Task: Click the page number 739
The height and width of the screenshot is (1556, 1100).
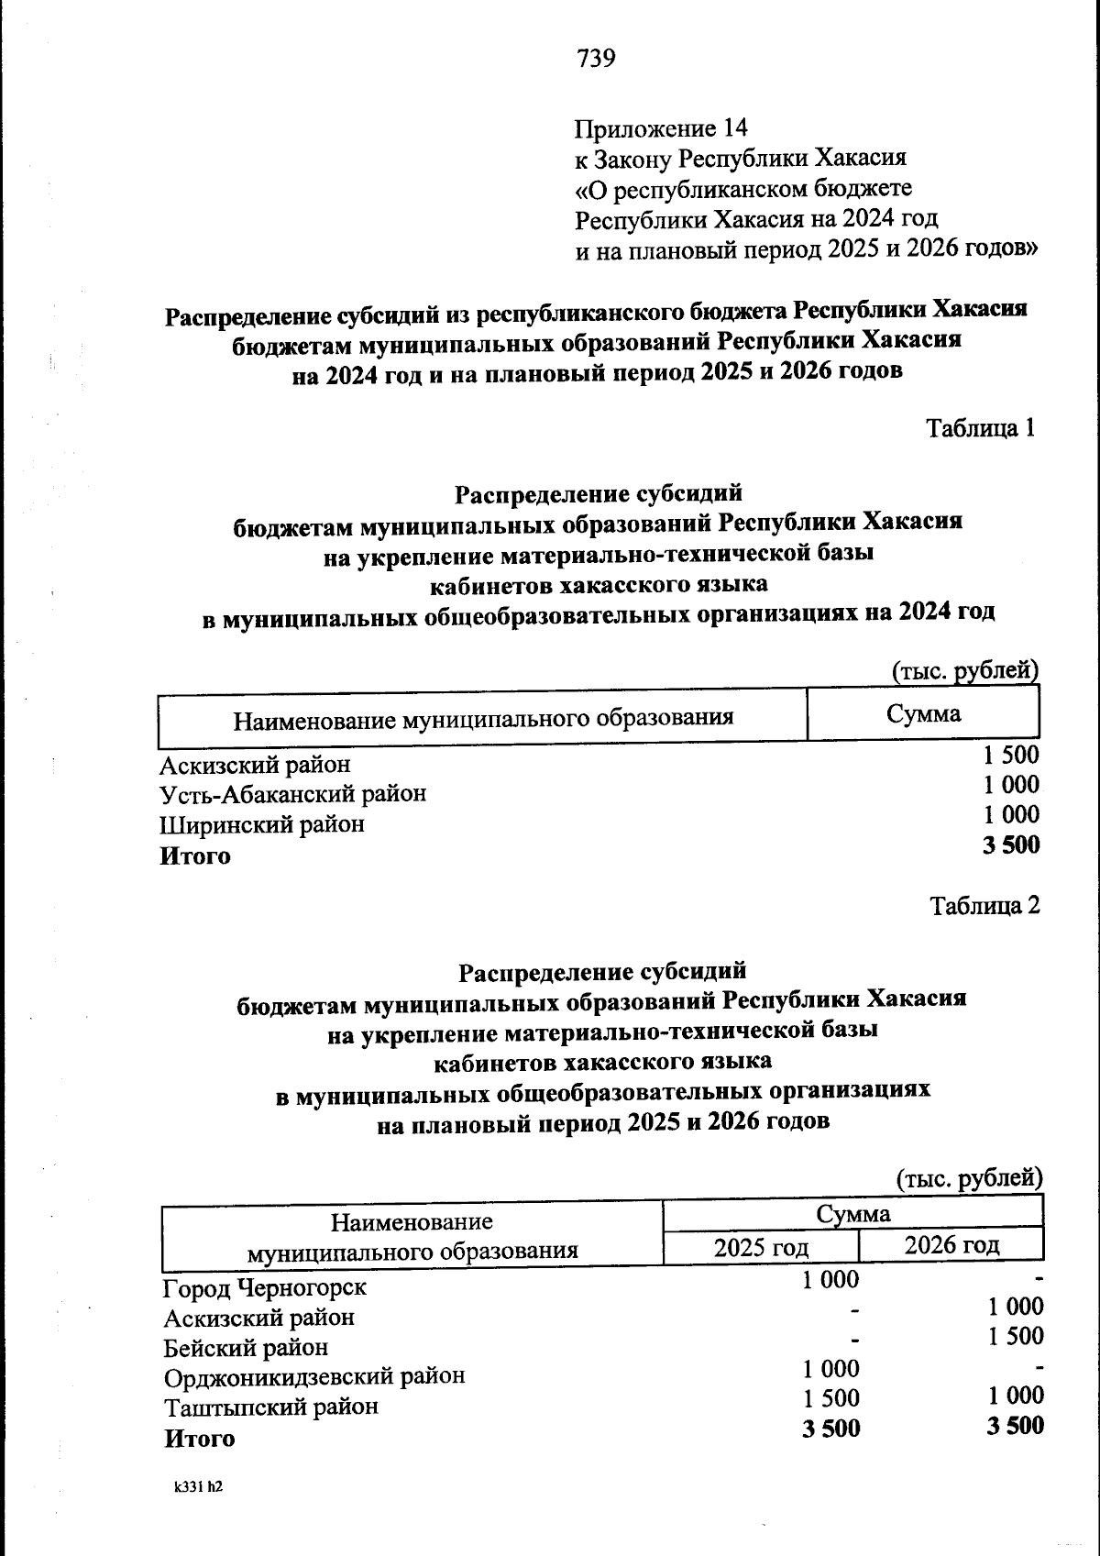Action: point(596,59)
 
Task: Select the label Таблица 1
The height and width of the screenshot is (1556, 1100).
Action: point(981,428)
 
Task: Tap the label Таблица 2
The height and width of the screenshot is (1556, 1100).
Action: point(984,906)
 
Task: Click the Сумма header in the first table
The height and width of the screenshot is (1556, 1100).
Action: point(923,714)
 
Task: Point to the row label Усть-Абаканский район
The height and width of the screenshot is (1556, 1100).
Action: point(292,793)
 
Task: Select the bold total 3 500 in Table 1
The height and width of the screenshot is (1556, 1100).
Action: point(1011,845)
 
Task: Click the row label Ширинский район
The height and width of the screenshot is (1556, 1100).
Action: point(262,824)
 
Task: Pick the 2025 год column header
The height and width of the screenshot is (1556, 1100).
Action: point(761,1248)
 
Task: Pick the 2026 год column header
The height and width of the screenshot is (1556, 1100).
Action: point(951,1245)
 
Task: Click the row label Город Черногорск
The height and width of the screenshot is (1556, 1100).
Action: point(265,1287)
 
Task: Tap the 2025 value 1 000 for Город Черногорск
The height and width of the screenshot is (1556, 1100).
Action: point(830,1280)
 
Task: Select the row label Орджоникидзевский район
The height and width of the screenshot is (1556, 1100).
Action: point(314,1376)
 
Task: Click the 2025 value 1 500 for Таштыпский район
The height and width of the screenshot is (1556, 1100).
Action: point(830,1399)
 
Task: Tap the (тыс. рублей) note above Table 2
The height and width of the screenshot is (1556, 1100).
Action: point(969,1178)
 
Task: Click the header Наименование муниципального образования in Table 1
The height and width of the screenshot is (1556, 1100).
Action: point(483,717)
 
